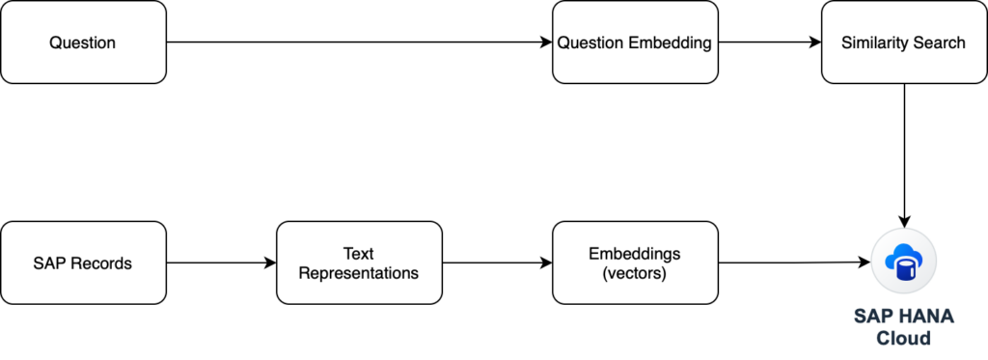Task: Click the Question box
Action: point(83,42)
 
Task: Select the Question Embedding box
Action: point(635,42)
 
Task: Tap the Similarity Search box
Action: point(904,42)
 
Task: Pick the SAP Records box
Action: point(83,263)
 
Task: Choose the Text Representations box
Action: point(359,263)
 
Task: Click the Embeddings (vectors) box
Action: point(635,263)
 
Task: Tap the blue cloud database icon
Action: point(904,261)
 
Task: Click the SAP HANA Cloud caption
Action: point(904,326)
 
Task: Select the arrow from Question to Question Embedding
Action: point(359,42)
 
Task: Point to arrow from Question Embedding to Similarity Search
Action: point(769,42)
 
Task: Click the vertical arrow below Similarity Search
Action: point(904,155)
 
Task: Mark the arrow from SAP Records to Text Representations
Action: point(221,263)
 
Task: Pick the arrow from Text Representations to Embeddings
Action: point(497,263)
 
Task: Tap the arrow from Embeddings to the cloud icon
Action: point(795,263)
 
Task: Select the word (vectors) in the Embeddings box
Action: point(635,275)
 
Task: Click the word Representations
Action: point(359,274)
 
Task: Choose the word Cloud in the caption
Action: point(904,338)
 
